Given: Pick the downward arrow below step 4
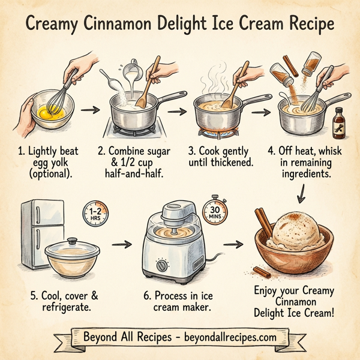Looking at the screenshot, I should [301, 194].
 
